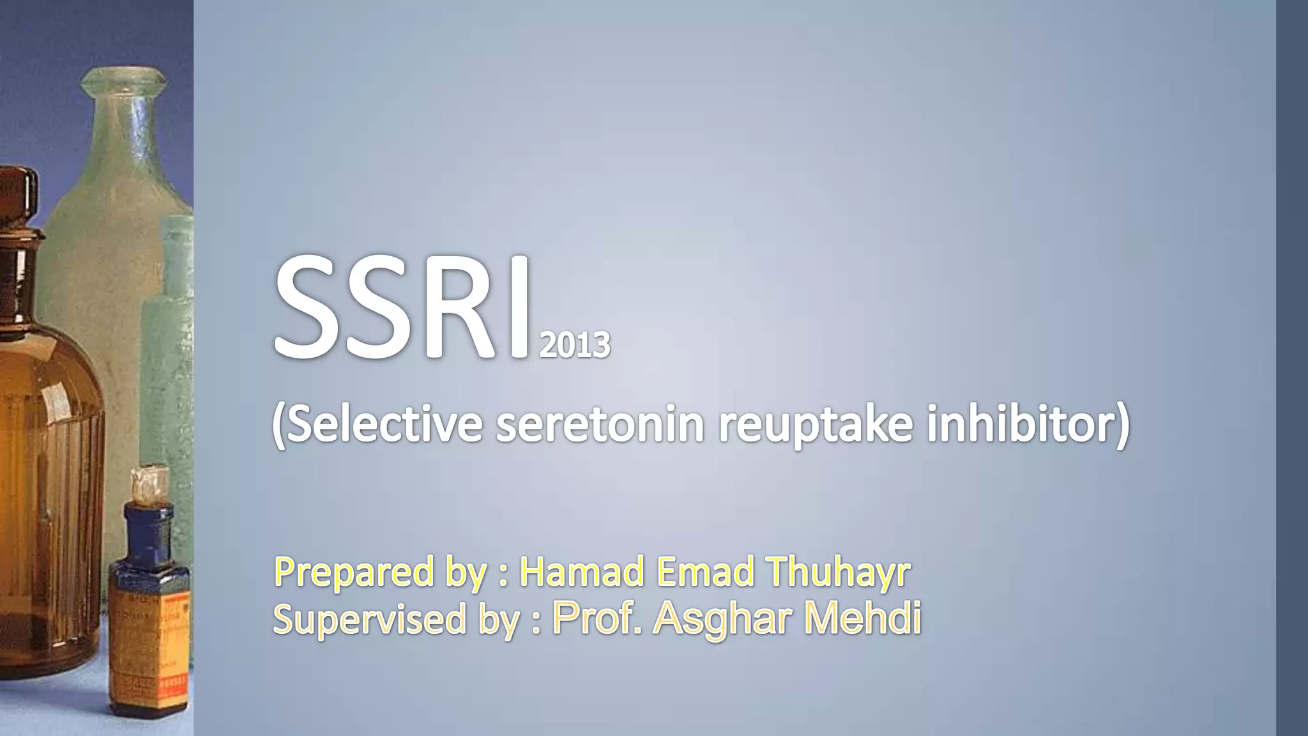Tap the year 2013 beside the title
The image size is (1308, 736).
[575, 346]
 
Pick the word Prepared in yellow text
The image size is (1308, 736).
[354, 572]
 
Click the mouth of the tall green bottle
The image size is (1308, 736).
[124, 80]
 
